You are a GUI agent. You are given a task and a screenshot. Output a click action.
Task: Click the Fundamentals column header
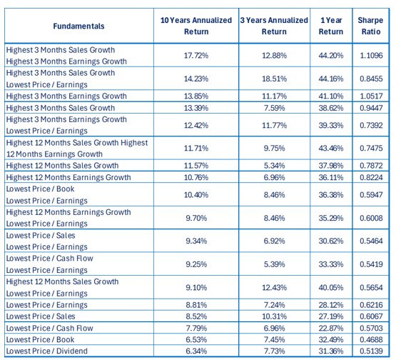point(78,26)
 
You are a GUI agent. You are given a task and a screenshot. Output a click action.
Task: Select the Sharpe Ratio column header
point(370,26)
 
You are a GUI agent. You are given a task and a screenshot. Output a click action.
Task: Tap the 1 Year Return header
point(331,26)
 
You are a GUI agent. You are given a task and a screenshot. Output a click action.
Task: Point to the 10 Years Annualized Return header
point(196,26)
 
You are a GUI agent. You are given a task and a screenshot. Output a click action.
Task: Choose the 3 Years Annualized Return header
point(274,26)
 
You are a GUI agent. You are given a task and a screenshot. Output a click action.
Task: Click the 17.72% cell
point(196,56)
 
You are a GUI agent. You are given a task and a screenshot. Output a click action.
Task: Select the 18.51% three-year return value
point(274,79)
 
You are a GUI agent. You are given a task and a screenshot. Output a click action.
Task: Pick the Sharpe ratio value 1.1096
point(371,56)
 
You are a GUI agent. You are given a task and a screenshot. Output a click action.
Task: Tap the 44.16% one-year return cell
point(331,79)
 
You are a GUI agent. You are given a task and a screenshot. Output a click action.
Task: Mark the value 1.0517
point(371,96)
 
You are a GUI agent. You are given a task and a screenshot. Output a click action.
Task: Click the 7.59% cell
point(274,108)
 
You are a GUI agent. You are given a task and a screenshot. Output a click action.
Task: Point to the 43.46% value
point(331,148)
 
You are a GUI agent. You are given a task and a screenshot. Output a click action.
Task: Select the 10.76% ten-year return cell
point(196,177)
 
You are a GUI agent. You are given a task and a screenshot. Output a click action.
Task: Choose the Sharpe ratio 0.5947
point(371,195)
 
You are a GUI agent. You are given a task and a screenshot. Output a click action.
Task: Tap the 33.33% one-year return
point(331,264)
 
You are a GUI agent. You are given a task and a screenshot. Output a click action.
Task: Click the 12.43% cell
point(274,288)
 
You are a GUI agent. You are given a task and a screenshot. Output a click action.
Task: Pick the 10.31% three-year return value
point(274,316)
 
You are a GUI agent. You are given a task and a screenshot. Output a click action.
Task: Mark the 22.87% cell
point(331,328)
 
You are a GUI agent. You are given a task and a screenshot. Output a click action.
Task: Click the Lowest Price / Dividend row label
point(47,351)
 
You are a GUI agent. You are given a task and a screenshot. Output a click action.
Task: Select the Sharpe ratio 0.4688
point(371,339)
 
